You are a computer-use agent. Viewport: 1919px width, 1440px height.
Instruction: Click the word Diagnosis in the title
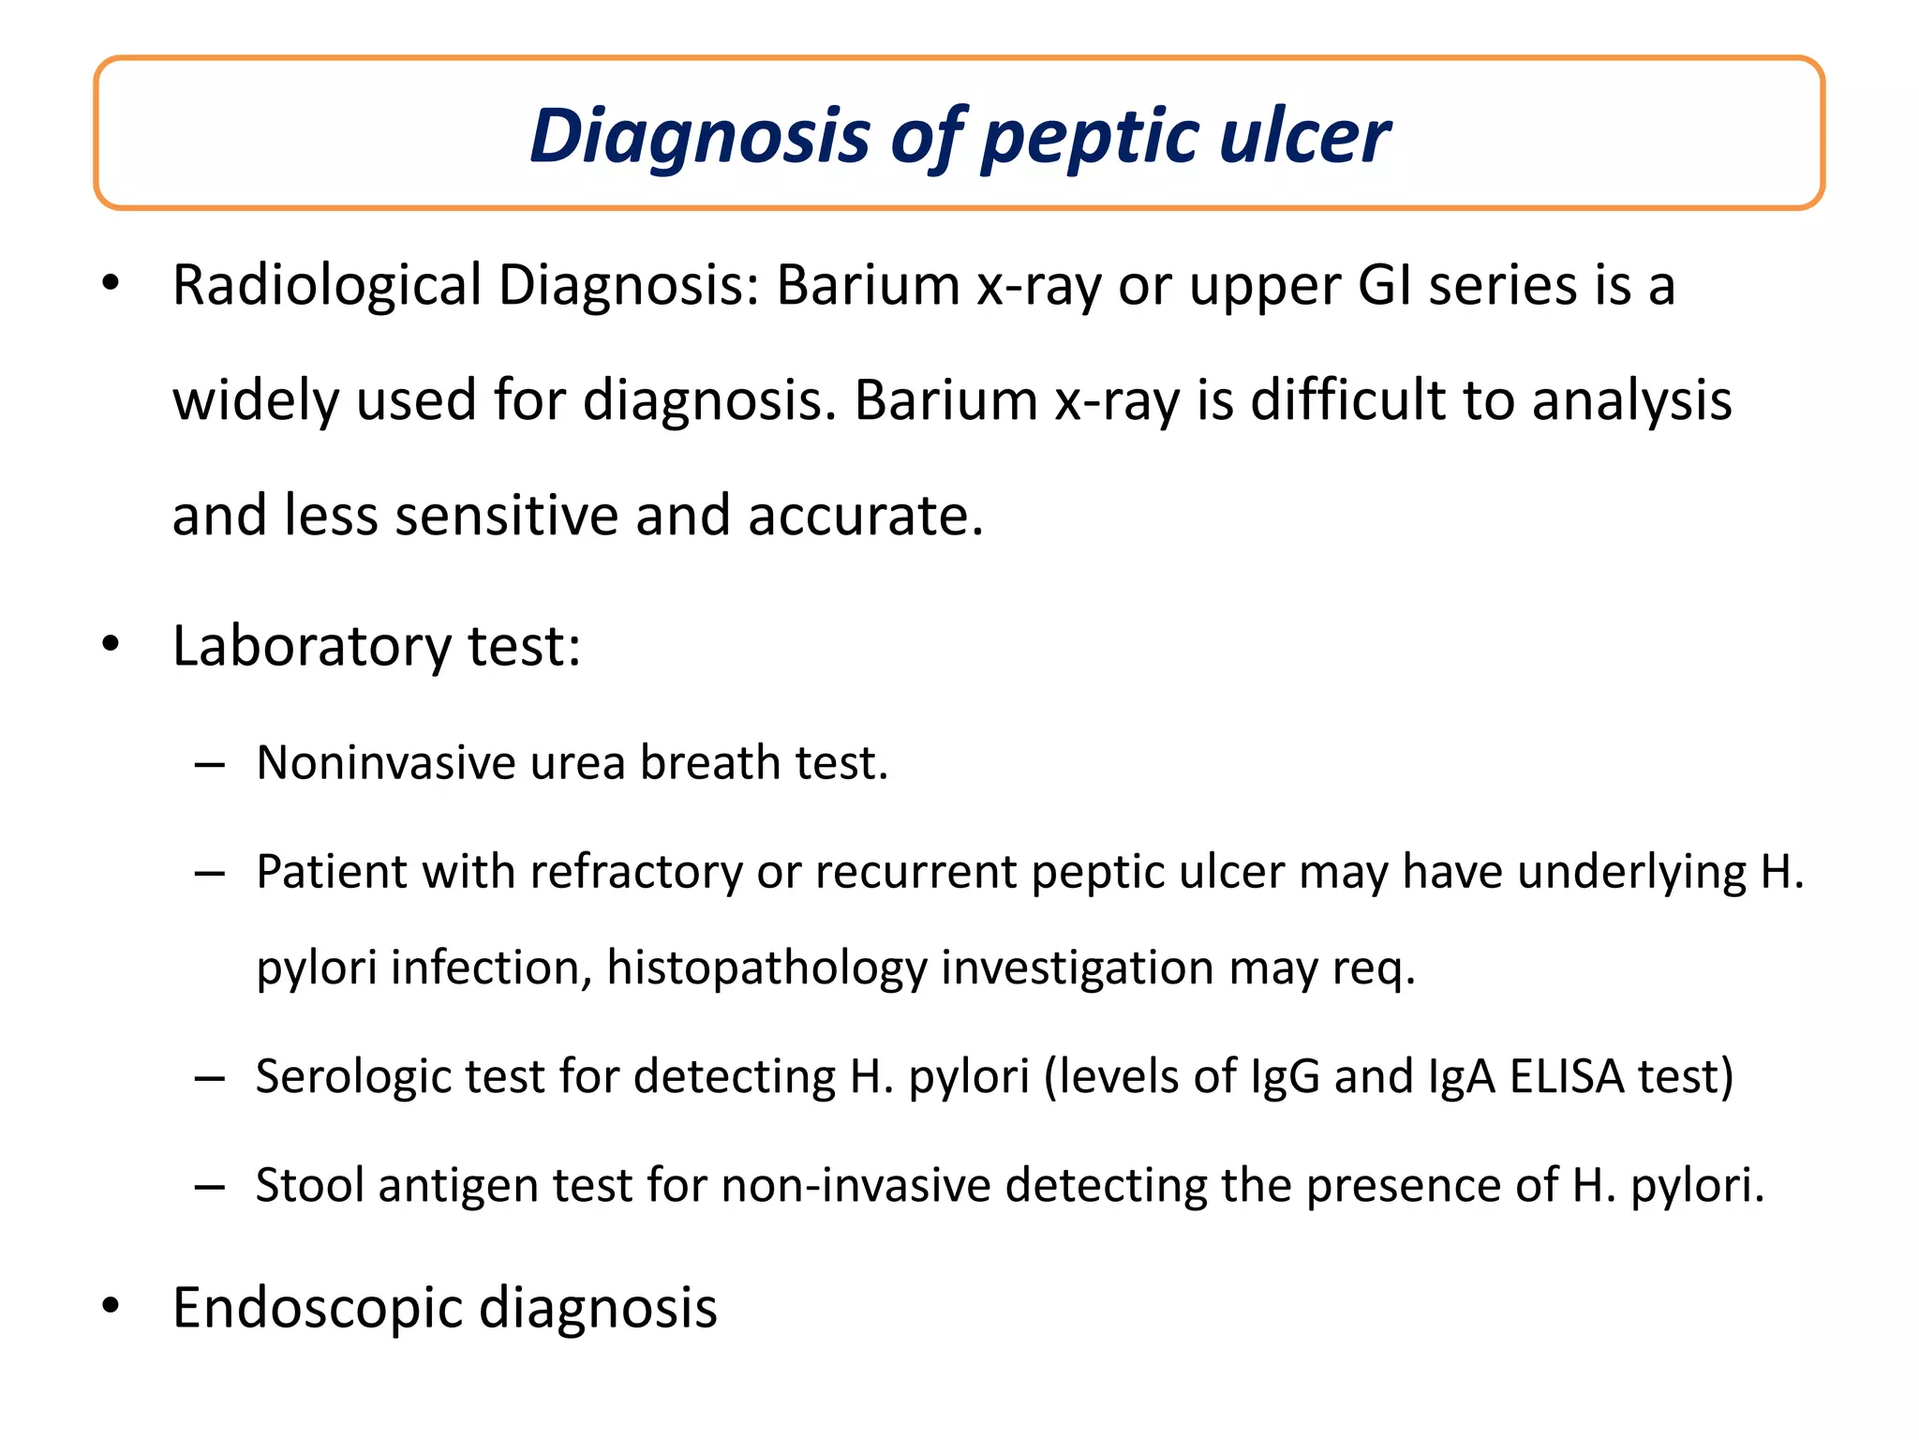[700, 137]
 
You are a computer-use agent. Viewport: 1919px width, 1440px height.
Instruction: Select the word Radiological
[327, 285]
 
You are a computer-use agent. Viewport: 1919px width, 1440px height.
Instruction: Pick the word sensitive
[506, 516]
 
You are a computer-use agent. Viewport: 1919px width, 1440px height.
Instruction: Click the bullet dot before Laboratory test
[112, 645]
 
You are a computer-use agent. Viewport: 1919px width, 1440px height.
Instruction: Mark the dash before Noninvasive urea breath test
[210, 765]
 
